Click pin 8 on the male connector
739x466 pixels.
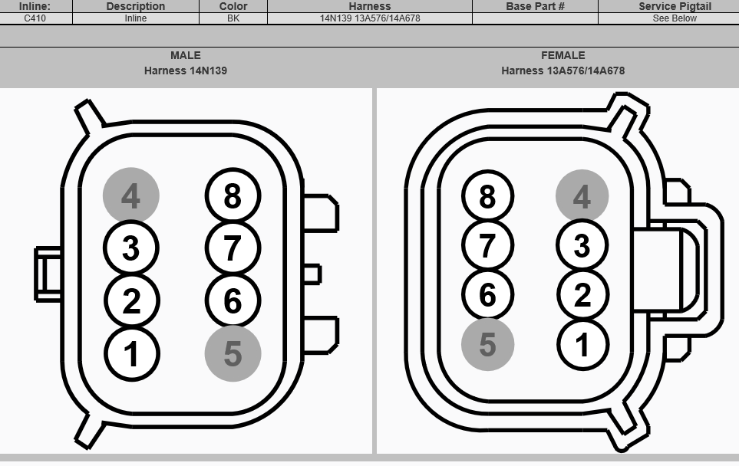coord(233,195)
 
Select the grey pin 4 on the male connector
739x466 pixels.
coord(131,195)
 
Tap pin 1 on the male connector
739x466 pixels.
coord(131,353)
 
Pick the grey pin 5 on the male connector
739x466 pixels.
coord(233,353)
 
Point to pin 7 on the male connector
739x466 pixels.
coord(233,248)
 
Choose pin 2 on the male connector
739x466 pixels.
coord(131,300)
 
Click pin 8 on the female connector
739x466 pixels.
coord(487,195)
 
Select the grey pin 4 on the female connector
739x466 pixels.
coord(582,195)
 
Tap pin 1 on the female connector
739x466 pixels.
coord(582,345)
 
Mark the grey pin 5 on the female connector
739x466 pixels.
coord(487,345)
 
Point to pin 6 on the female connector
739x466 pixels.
coord(487,295)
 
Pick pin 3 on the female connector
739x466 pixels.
coord(582,245)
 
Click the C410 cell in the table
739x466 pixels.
coord(35,18)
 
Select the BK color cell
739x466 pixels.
coord(233,18)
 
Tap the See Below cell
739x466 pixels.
coord(675,18)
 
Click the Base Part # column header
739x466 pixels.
coord(535,6)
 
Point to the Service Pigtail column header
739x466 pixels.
coord(675,6)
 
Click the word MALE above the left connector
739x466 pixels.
coord(186,55)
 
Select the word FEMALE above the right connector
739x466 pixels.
coord(562,55)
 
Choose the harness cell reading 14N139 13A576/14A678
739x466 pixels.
coord(370,18)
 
